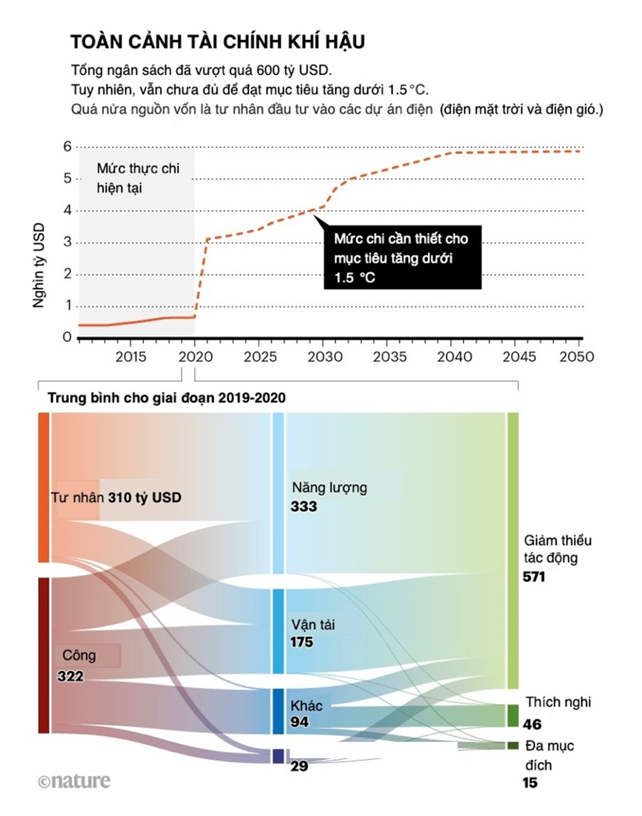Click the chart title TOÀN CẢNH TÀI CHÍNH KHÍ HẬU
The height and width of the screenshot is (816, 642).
pyautogui.click(x=217, y=42)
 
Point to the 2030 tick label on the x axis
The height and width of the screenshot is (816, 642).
pyautogui.click(x=324, y=357)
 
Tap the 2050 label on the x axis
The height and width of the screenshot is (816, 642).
pyautogui.click(x=576, y=357)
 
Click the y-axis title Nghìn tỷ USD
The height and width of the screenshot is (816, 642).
pyautogui.click(x=39, y=265)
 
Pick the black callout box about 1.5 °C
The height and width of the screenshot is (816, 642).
pyautogui.click(x=401, y=257)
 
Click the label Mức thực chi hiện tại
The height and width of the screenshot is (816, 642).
pyautogui.click(x=137, y=178)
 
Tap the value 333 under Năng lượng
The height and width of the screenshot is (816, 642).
pyautogui.click(x=304, y=507)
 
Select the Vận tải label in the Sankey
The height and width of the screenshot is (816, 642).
pyautogui.click(x=313, y=624)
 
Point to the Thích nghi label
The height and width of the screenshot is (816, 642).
pyautogui.click(x=558, y=702)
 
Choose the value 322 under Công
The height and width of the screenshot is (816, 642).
pyautogui.click(x=70, y=676)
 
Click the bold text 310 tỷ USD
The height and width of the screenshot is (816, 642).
pyautogui.click(x=144, y=497)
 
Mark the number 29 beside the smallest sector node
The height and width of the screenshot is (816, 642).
pyautogui.click(x=299, y=766)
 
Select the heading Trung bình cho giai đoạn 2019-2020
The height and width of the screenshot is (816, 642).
pyautogui.click(x=167, y=398)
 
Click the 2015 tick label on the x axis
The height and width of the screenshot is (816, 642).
pyautogui.click(x=130, y=357)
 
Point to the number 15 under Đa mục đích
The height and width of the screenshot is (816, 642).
pyautogui.click(x=530, y=783)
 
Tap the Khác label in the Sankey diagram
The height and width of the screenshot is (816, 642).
pyautogui.click(x=307, y=705)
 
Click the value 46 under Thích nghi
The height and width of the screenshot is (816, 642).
pyautogui.click(x=533, y=724)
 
